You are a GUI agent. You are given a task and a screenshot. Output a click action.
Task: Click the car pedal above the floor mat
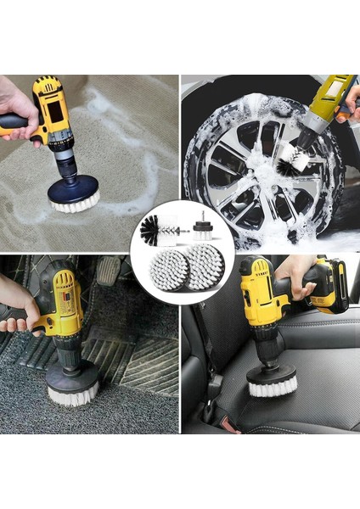107,271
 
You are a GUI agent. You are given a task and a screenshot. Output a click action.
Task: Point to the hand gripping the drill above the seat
293,273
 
